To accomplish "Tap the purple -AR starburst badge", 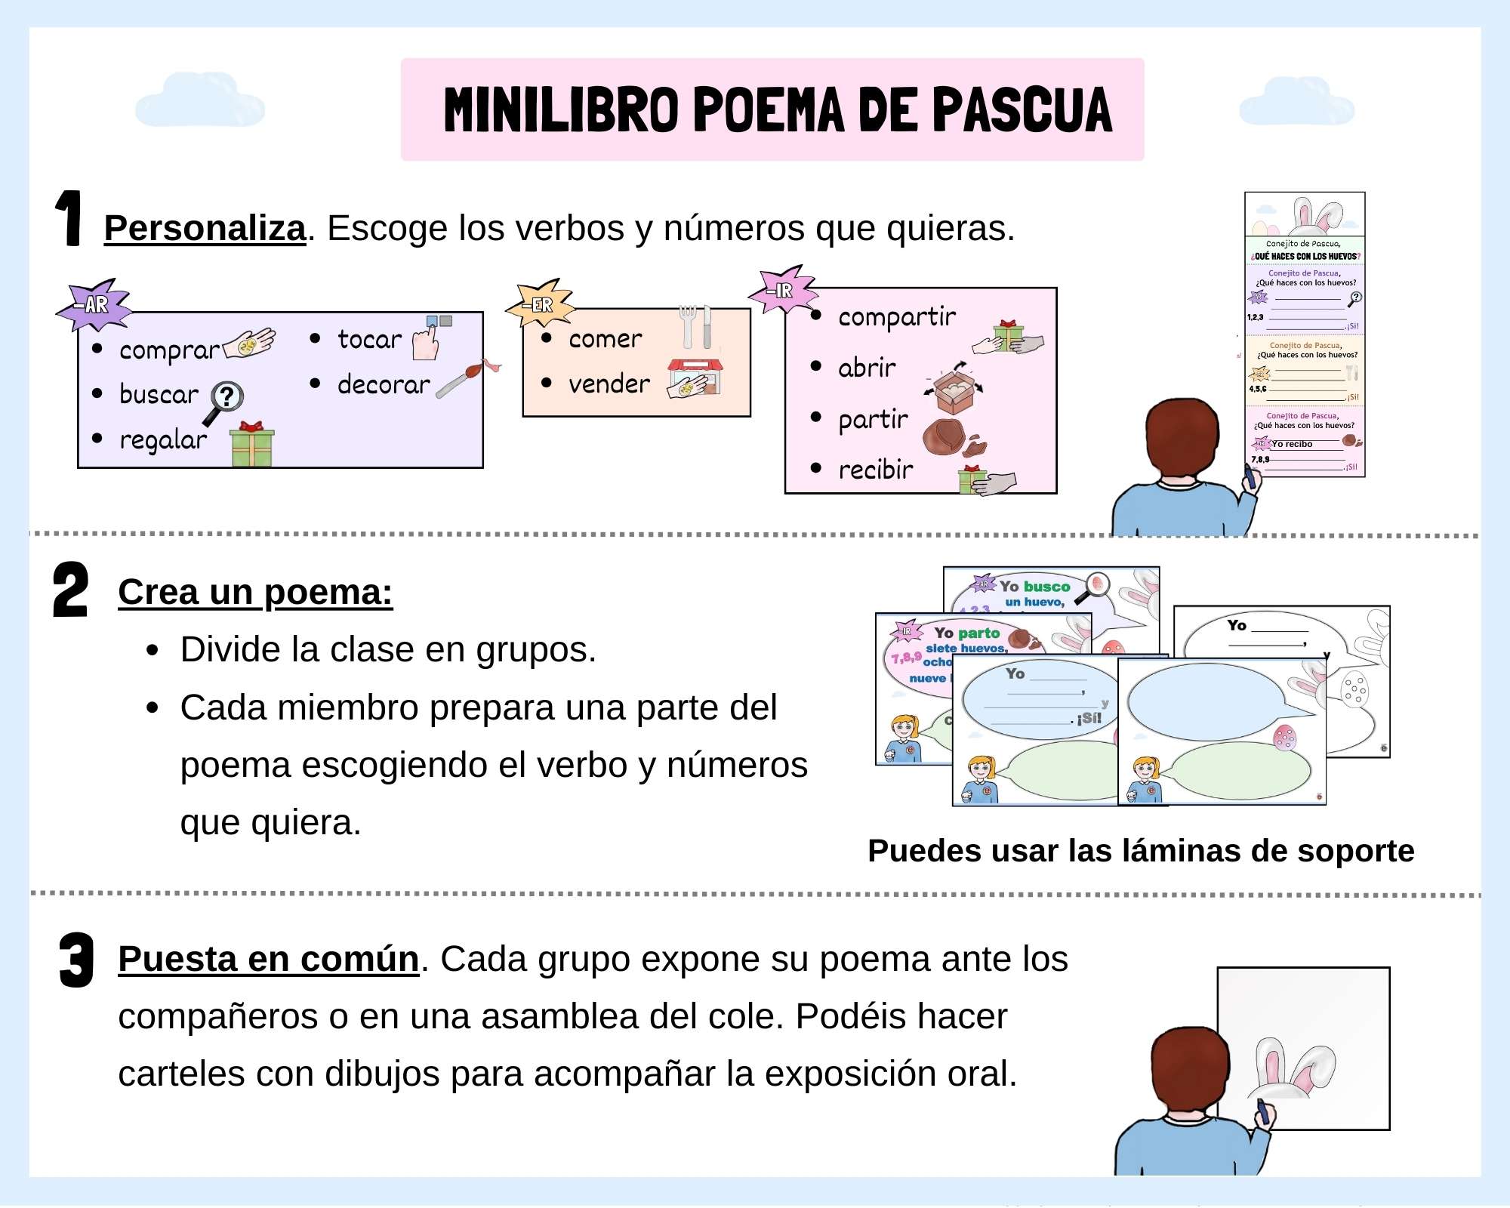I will [94, 305].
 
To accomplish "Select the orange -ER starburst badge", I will [541, 304].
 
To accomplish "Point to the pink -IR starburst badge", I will [783, 290].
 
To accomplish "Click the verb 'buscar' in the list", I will [159, 394].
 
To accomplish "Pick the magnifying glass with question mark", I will [225, 400].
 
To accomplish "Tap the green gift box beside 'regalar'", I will [252, 445].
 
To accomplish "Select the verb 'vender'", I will [609, 384].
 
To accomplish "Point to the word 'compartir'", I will [897, 317].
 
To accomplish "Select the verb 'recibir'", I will [876, 470].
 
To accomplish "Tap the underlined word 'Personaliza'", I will [205, 228].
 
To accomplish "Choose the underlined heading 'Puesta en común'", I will [268, 959].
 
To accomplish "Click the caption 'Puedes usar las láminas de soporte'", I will [1140, 851].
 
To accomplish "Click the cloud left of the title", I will [199, 100].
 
